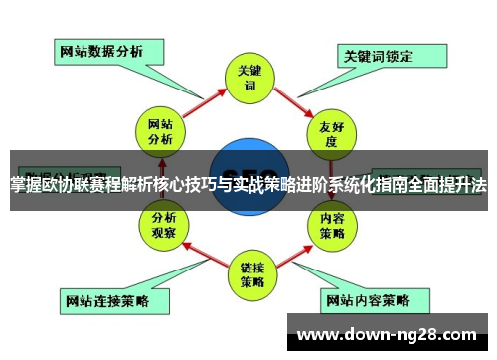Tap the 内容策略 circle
[x=332, y=226]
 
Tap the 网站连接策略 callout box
[x=105, y=299]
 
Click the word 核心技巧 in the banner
[x=190, y=185]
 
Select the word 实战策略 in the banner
[x=273, y=185]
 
